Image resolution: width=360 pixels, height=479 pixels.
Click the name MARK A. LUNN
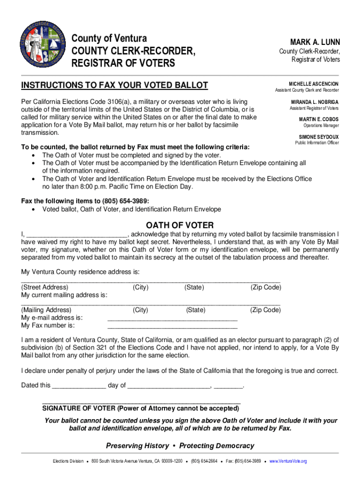point(316,42)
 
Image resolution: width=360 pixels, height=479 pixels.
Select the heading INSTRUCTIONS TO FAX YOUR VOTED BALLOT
point(115,85)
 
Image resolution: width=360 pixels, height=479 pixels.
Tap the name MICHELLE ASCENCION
point(313,83)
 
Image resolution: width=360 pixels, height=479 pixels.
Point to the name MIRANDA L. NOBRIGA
point(315,102)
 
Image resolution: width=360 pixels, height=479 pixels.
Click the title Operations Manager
point(321,125)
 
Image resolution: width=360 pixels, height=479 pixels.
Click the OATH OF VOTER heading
point(180,225)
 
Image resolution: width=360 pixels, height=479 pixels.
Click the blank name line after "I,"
point(77,235)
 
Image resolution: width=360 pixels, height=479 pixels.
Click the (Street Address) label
point(45,287)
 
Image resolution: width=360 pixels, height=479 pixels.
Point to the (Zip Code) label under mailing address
point(266,310)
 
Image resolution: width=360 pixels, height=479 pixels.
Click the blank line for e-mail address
point(172,319)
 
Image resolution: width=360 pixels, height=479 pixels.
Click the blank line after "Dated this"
point(79,387)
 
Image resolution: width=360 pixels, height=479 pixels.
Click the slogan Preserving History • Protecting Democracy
point(180,445)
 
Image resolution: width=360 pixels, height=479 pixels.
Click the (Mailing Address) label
point(46,310)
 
